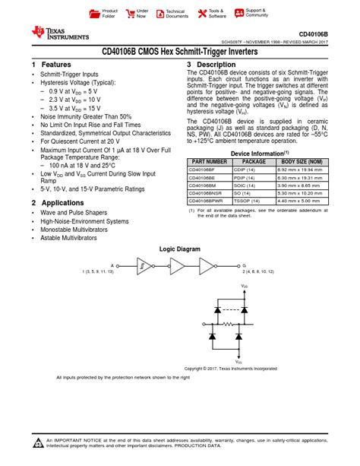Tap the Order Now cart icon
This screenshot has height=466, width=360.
[130, 14]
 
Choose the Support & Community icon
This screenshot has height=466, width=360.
[238, 14]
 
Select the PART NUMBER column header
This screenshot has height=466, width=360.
[210, 161]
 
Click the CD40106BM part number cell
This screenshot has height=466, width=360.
[204, 185]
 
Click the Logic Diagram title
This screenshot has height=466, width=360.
[179, 249]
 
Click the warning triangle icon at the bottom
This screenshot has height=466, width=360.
[38, 444]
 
